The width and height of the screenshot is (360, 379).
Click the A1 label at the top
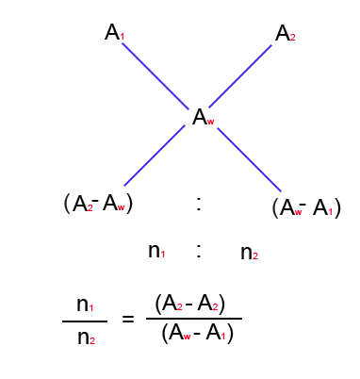click(x=114, y=34)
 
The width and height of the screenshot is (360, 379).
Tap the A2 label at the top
click(x=285, y=34)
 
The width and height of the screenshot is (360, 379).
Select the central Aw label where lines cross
click(x=203, y=118)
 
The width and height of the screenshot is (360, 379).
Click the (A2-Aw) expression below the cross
click(x=99, y=203)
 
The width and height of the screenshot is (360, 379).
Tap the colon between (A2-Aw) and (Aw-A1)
click(x=198, y=204)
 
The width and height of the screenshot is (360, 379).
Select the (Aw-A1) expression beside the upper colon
click(x=305, y=207)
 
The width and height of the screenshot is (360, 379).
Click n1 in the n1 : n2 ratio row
click(x=156, y=251)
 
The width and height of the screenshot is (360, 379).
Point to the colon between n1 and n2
click(x=199, y=251)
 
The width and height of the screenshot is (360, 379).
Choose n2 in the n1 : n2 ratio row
click(x=249, y=252)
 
